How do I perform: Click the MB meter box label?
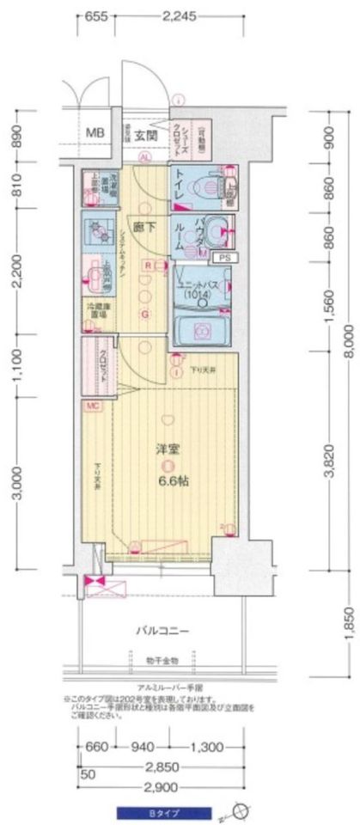(96, 131)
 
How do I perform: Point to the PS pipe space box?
(223, 257)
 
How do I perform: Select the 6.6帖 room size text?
(173, 480)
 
